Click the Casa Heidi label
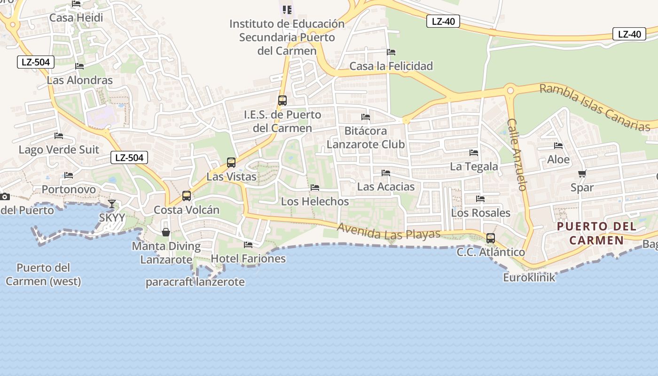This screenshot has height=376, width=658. click(x=76, y=18)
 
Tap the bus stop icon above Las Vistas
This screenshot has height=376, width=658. click(x=231, y=163)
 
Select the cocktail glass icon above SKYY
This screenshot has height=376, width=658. click(x=112, y=204)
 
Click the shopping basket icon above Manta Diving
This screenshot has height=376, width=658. click(x=166, y=232)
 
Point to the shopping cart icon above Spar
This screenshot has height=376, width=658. click(x=582, y=173)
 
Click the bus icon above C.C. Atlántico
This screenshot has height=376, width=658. click(x=491, y=238)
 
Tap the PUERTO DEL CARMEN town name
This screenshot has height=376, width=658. click(x=596, y=233)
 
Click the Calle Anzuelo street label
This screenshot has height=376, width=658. click(x=517, y=154)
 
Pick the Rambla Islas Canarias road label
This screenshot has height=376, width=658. click(x=595, y=107)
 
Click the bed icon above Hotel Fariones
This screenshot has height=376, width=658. click(x=248, y=244)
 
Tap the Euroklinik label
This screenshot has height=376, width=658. click(x=529, y=277)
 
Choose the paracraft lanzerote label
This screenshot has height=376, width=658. click(x=195, y=282)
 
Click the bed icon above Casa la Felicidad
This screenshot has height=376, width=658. click(x=391, y=52)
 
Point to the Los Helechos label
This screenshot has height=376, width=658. click(x=315, y=201)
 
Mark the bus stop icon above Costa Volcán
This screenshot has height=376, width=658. click(x=187, y=196)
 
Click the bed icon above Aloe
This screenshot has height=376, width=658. click(x=558, y=146)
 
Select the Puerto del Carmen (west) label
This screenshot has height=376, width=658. click(x=43, y=274)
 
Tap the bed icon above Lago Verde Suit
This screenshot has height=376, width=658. click(x=59, y=136)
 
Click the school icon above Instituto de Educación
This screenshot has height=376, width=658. click(x=287, y=9)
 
